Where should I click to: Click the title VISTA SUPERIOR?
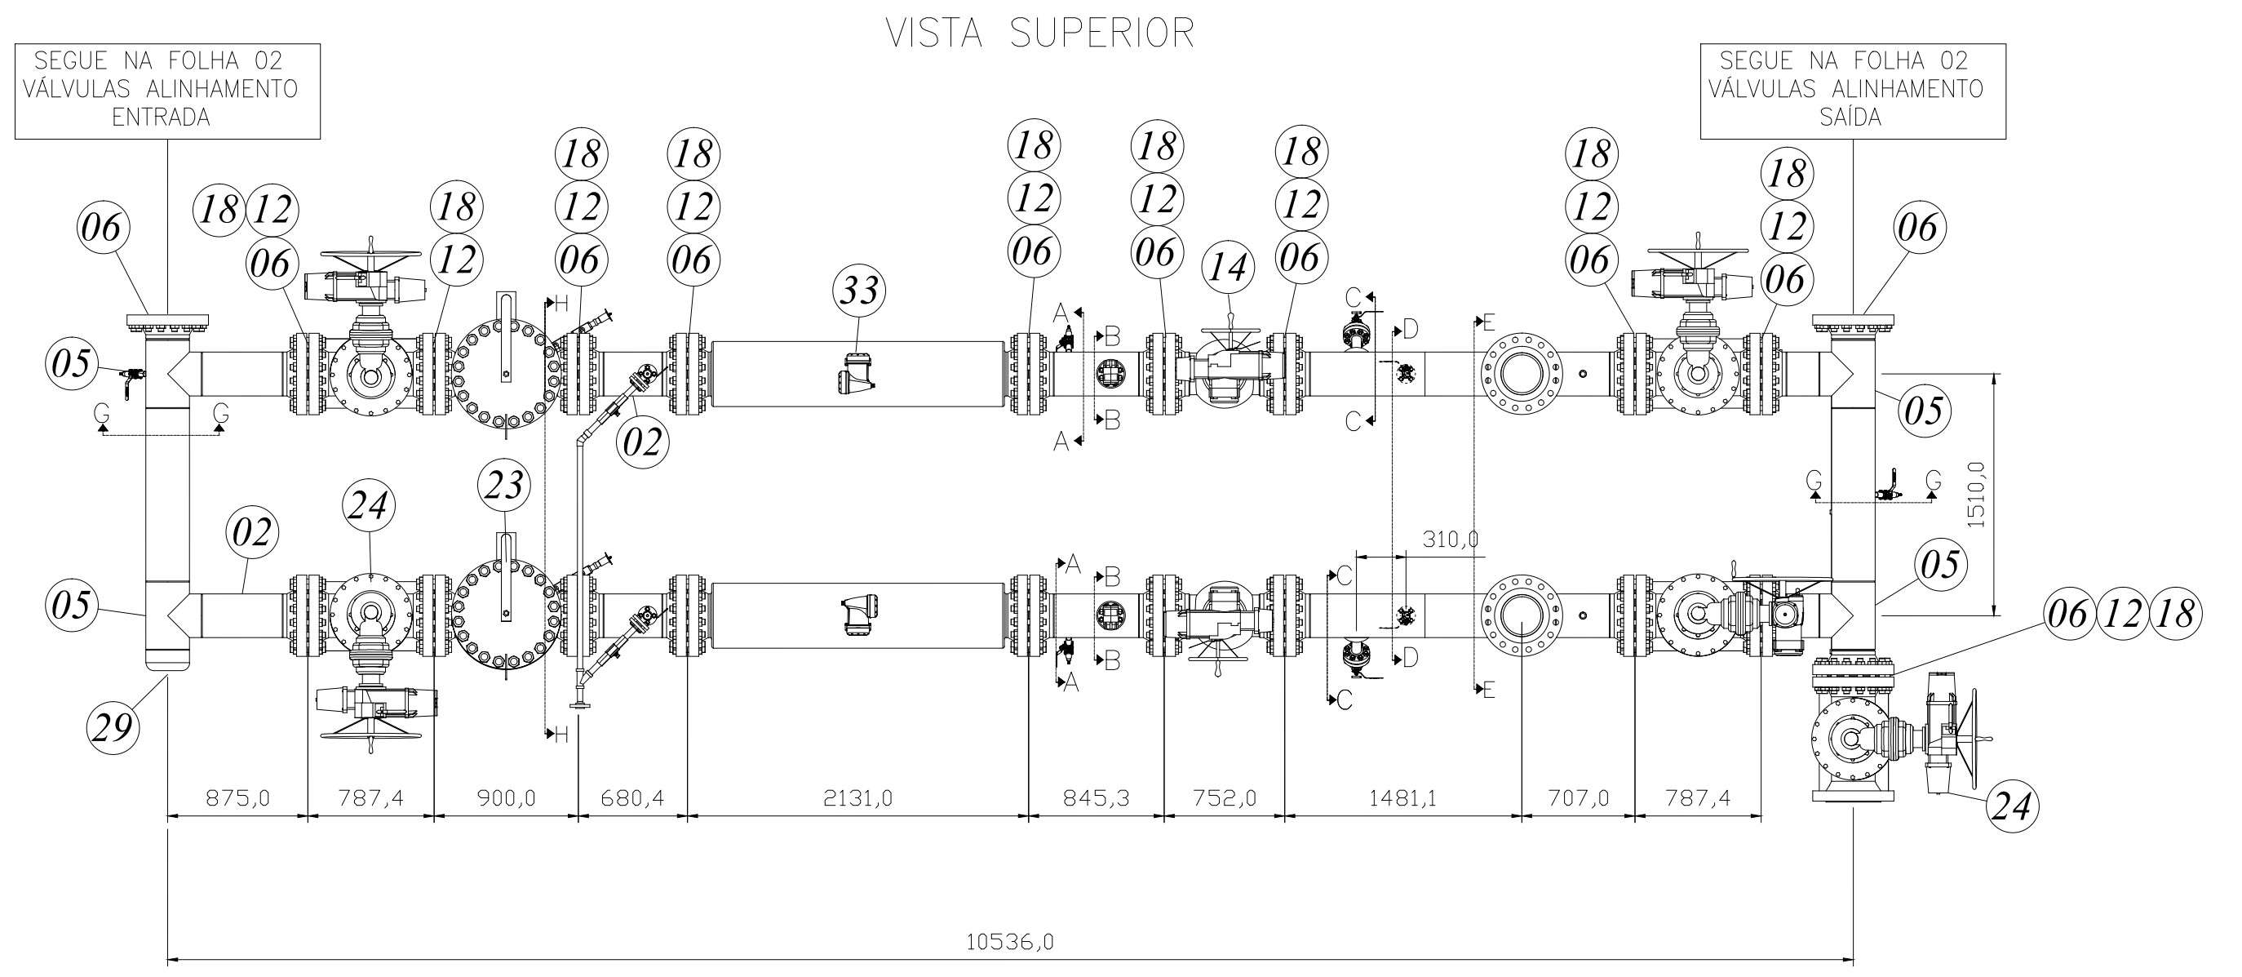[x=1040, y=33]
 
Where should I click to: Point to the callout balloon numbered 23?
[x=505, y=484]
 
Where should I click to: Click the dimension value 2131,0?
[x=858, y=797]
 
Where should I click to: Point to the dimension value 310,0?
[x=1450, y=539]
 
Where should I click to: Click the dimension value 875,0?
[x=237, y=797]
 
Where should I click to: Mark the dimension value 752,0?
[x=1224, y=797]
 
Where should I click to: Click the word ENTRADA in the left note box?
[x=162, y=118]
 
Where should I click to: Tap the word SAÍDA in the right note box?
[x=1850, y=118]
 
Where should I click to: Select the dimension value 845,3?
[x=1097, y=797]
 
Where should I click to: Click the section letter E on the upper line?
[x=1488, y=323]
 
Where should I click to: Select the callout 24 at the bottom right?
[x=2010, y=806]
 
